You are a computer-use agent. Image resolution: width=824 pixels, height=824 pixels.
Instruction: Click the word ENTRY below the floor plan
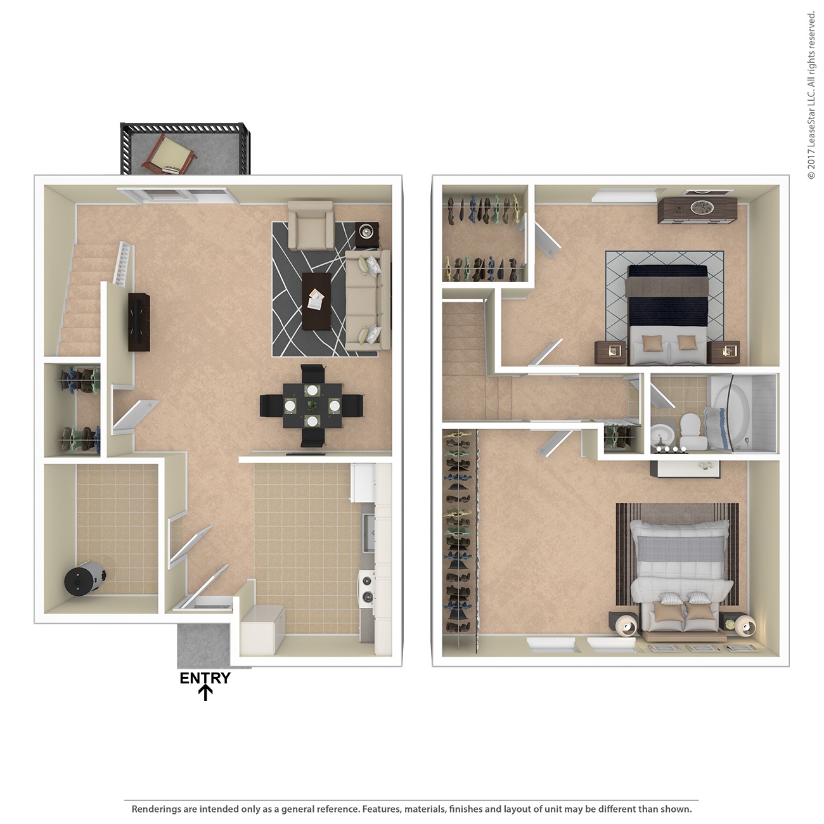[205, 678]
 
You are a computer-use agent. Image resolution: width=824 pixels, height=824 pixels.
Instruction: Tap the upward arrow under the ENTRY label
[205, 693]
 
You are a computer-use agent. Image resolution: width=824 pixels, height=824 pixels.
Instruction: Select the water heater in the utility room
[83, 578]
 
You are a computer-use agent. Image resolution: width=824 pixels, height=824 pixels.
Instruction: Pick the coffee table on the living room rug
[316, 301]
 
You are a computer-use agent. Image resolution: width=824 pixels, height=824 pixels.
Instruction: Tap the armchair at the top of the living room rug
[311, 225]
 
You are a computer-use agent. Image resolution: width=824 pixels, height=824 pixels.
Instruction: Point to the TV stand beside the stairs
[139, 322]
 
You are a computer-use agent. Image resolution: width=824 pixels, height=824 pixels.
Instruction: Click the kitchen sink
[368, 532]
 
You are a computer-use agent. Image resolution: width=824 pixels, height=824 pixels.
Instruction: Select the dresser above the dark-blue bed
[697, 210]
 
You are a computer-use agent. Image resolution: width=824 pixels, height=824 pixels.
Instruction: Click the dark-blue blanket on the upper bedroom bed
[667, 311]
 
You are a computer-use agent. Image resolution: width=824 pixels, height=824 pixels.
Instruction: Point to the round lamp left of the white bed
[626, 625]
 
